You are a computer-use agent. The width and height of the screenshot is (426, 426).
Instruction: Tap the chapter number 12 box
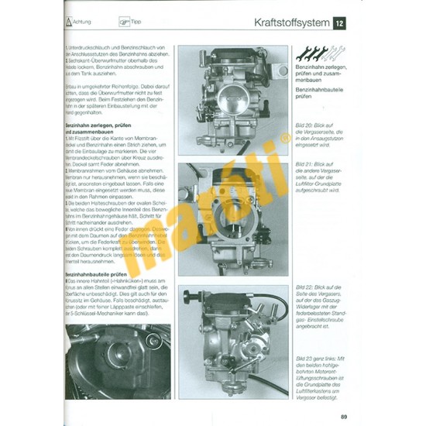click(x=340, y=24)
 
